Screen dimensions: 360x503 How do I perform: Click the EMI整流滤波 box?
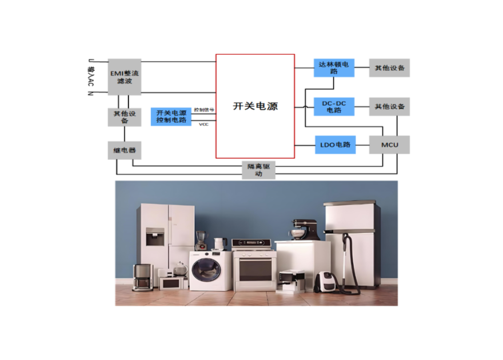point(124,77)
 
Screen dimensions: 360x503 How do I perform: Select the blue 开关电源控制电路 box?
point(171,116)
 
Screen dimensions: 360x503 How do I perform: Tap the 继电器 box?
point(124,150)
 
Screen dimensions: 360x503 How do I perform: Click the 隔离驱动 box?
point(258,170)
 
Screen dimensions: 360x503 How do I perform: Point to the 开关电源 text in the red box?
point(255,106)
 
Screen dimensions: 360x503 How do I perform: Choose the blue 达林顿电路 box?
point(333,68)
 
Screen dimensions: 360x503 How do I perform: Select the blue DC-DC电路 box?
point(333,106)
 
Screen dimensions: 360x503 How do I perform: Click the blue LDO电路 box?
point(335,145)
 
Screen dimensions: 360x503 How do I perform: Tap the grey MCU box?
point(389,145)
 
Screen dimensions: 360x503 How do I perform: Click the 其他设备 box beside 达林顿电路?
point(389,68)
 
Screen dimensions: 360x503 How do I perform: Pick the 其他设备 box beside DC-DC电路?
point(389,106)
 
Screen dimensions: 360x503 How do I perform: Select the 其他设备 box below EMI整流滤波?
point(124,117)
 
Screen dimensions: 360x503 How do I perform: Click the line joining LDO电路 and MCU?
point(362,145)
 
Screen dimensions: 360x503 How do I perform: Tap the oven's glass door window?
point(255,269)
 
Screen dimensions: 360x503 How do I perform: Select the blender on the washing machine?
point(200,241)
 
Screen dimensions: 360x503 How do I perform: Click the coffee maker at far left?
point(142,277)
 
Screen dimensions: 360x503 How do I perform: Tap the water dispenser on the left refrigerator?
point(154,237)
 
